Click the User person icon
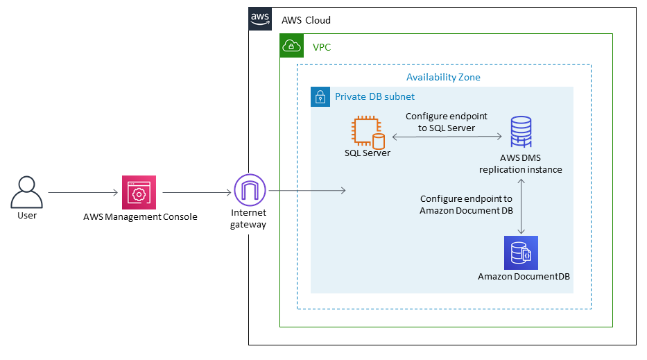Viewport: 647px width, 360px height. pos(27,191)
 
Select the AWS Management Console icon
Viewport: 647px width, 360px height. pos(139,192)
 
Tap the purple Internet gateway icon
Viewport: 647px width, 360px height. pos(249,191)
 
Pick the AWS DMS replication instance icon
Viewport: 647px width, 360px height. pos(521,132)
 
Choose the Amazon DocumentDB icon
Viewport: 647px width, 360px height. pos(521,252)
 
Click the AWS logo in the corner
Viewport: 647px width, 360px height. pos(260,19)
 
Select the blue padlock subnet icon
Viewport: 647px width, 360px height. pos(320,96)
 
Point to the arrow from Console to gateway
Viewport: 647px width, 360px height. pos(196,192)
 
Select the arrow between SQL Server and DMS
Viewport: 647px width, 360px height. pos(447,137)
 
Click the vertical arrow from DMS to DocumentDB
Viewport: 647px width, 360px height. pos(521,206)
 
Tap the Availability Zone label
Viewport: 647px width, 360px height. pos(443,77)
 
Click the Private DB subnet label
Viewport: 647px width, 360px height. pos(374,96)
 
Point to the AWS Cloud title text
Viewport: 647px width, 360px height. pos(306,20)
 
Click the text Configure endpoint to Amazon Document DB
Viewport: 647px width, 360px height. pos(466,205)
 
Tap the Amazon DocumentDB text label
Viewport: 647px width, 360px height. pos(524,277)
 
